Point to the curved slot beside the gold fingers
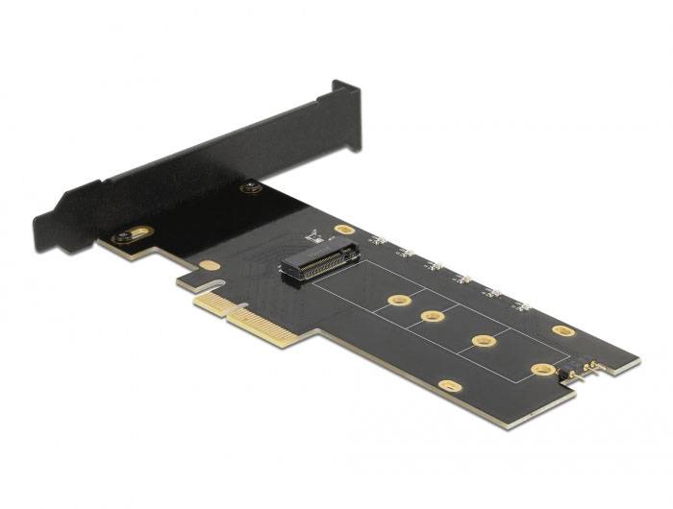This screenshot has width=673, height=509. (x=218, y=285)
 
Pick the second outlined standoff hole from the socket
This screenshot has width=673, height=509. (x=432, y=317)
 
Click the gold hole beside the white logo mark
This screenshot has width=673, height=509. (x=343, y=230)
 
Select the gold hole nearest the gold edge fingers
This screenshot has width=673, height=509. (x=210, y=265)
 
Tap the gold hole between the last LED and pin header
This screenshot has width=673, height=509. (x=564, y=330)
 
